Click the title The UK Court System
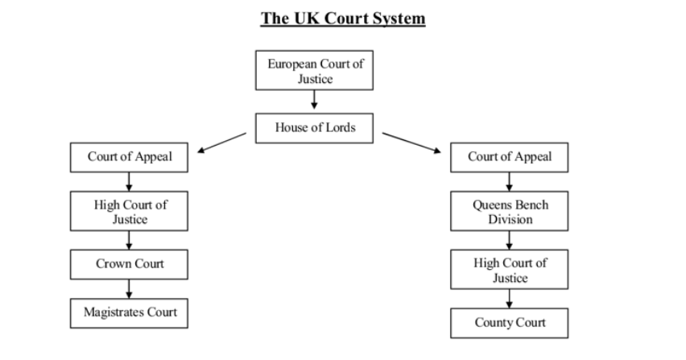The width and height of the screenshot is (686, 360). click(342, 19)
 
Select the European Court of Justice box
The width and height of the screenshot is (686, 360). click(314, 72)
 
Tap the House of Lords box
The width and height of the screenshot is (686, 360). click(314, 128)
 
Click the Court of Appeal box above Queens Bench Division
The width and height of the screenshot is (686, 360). click(510, 157)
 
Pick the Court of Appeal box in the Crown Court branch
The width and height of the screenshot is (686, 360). click(130, 157)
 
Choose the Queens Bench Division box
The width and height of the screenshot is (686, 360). click(510, 212)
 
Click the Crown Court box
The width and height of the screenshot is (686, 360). click(130, 264)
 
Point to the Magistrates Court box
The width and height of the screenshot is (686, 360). click(130, 312)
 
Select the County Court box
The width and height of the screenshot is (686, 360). click(510, 323)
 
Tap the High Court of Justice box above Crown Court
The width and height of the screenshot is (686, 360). click(130, 212)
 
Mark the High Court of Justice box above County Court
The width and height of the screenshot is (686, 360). click(510, 271)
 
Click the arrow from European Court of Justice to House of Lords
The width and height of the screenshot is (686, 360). click(314, 101)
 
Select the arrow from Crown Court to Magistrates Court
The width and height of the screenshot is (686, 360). click(130, 288)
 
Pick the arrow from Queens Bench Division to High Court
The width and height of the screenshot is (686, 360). click(510, 240)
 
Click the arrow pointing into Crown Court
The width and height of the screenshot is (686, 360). click(130, 240)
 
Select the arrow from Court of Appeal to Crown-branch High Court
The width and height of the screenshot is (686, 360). click(130, 182)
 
